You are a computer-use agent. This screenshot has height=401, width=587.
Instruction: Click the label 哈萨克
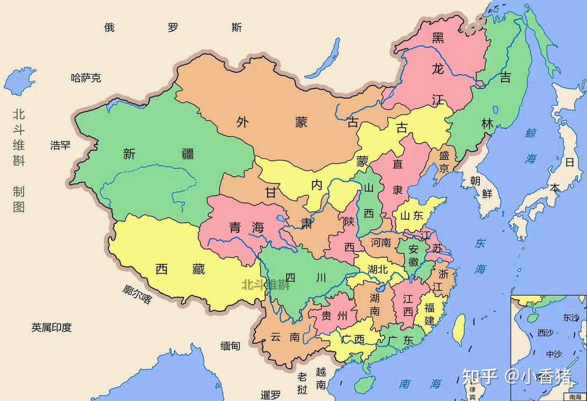[x=86, y=78]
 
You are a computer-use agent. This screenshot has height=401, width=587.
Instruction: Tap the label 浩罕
[x=60, y=145]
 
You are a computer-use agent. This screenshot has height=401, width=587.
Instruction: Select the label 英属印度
[x=52, y=327]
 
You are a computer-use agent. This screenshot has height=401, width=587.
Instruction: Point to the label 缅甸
[x=230, y=346]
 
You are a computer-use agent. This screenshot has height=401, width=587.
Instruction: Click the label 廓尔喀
[x=137, y=294]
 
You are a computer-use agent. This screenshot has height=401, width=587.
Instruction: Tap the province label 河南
[x=381, y=242]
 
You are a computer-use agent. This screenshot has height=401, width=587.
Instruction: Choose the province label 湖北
[x=378, y=269]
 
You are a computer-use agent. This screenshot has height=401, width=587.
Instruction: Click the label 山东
[x=412, y=216]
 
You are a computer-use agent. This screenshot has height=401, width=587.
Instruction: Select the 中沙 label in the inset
[x=554, y=354]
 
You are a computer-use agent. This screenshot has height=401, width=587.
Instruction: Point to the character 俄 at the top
[x=109, y=28]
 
